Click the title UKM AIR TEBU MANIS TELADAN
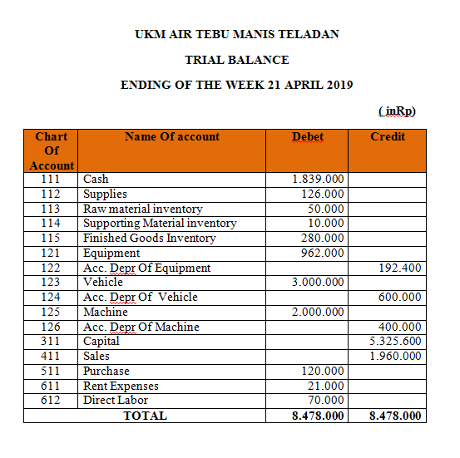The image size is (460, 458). pyautogui.click(x=237, y=35)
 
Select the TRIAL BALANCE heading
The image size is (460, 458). pyautogui.click(x=237, y=60)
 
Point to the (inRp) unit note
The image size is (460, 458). pyautogui.click(x=396, y=111)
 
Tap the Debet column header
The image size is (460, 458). pyautogui.click(x=308, y=136)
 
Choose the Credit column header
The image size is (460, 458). pyautogui.click(x=388, y=136)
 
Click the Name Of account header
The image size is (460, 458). pyautogui.click(x=172, y=136)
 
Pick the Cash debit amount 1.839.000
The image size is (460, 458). pyautogui.click(x=319, y=179)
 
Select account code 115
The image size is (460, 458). pyautogui.click(x=50, y=238)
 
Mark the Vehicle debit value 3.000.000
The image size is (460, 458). pyautogui.click(x=319, y=283)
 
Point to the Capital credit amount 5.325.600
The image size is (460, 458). pyautogui.click(x=395, y=342)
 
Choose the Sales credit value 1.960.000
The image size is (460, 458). pyautogui.click(x=395, y=357)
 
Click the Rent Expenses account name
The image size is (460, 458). pyautogui.click(x=121, y=386)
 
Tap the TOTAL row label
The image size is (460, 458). pyautogui.click(x=145, y=416)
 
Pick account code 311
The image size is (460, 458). pyautogui.click(x=50, y=342)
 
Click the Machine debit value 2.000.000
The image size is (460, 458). pyautogui.click(x=319, y=312)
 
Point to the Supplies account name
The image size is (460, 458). pyautogui.click(x=106, y=194)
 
